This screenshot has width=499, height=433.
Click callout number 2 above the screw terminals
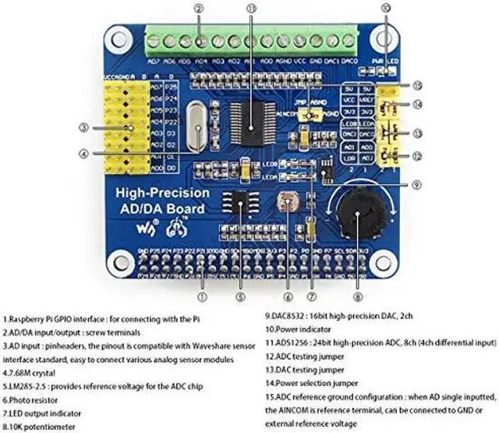(200, 9)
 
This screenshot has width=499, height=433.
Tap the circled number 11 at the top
(251, 9)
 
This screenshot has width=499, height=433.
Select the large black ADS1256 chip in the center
(252, 122)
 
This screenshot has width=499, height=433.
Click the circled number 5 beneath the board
(241, 296)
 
